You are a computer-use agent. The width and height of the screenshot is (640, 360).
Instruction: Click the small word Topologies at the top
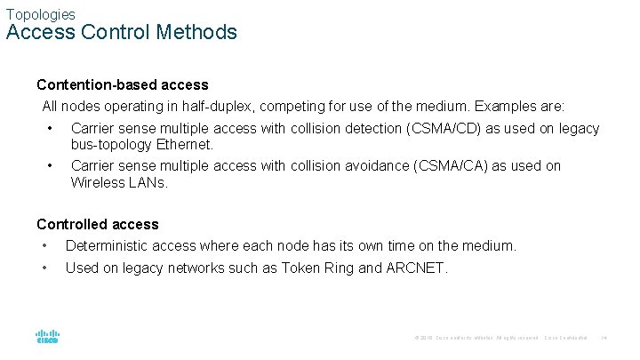40,14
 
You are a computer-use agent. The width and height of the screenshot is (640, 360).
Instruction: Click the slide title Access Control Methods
122,33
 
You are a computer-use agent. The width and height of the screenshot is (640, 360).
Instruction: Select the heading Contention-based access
123,85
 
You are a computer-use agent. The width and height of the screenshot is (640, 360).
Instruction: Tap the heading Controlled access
98,224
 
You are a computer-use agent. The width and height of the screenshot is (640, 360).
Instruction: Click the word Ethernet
185,144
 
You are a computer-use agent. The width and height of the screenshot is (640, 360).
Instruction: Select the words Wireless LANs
119,182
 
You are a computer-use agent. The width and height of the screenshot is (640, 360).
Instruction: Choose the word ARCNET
417,267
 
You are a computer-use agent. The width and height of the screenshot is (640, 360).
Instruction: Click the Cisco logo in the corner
47,337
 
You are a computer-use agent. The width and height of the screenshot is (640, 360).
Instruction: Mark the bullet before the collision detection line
52,129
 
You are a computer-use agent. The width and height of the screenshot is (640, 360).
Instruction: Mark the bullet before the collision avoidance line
52,166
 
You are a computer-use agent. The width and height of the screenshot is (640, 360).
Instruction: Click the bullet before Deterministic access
43,245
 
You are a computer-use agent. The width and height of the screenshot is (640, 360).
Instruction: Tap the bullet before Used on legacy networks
43,267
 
